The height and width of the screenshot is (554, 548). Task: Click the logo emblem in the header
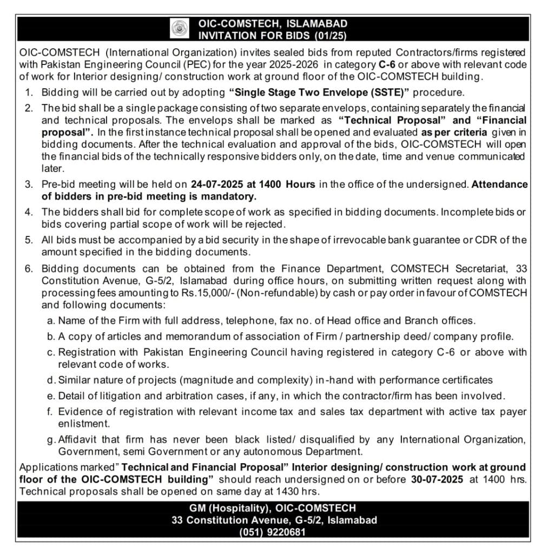177,29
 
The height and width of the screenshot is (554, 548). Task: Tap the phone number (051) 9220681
273,532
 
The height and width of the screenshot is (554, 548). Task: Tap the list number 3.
29,184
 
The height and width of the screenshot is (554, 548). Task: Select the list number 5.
29,240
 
